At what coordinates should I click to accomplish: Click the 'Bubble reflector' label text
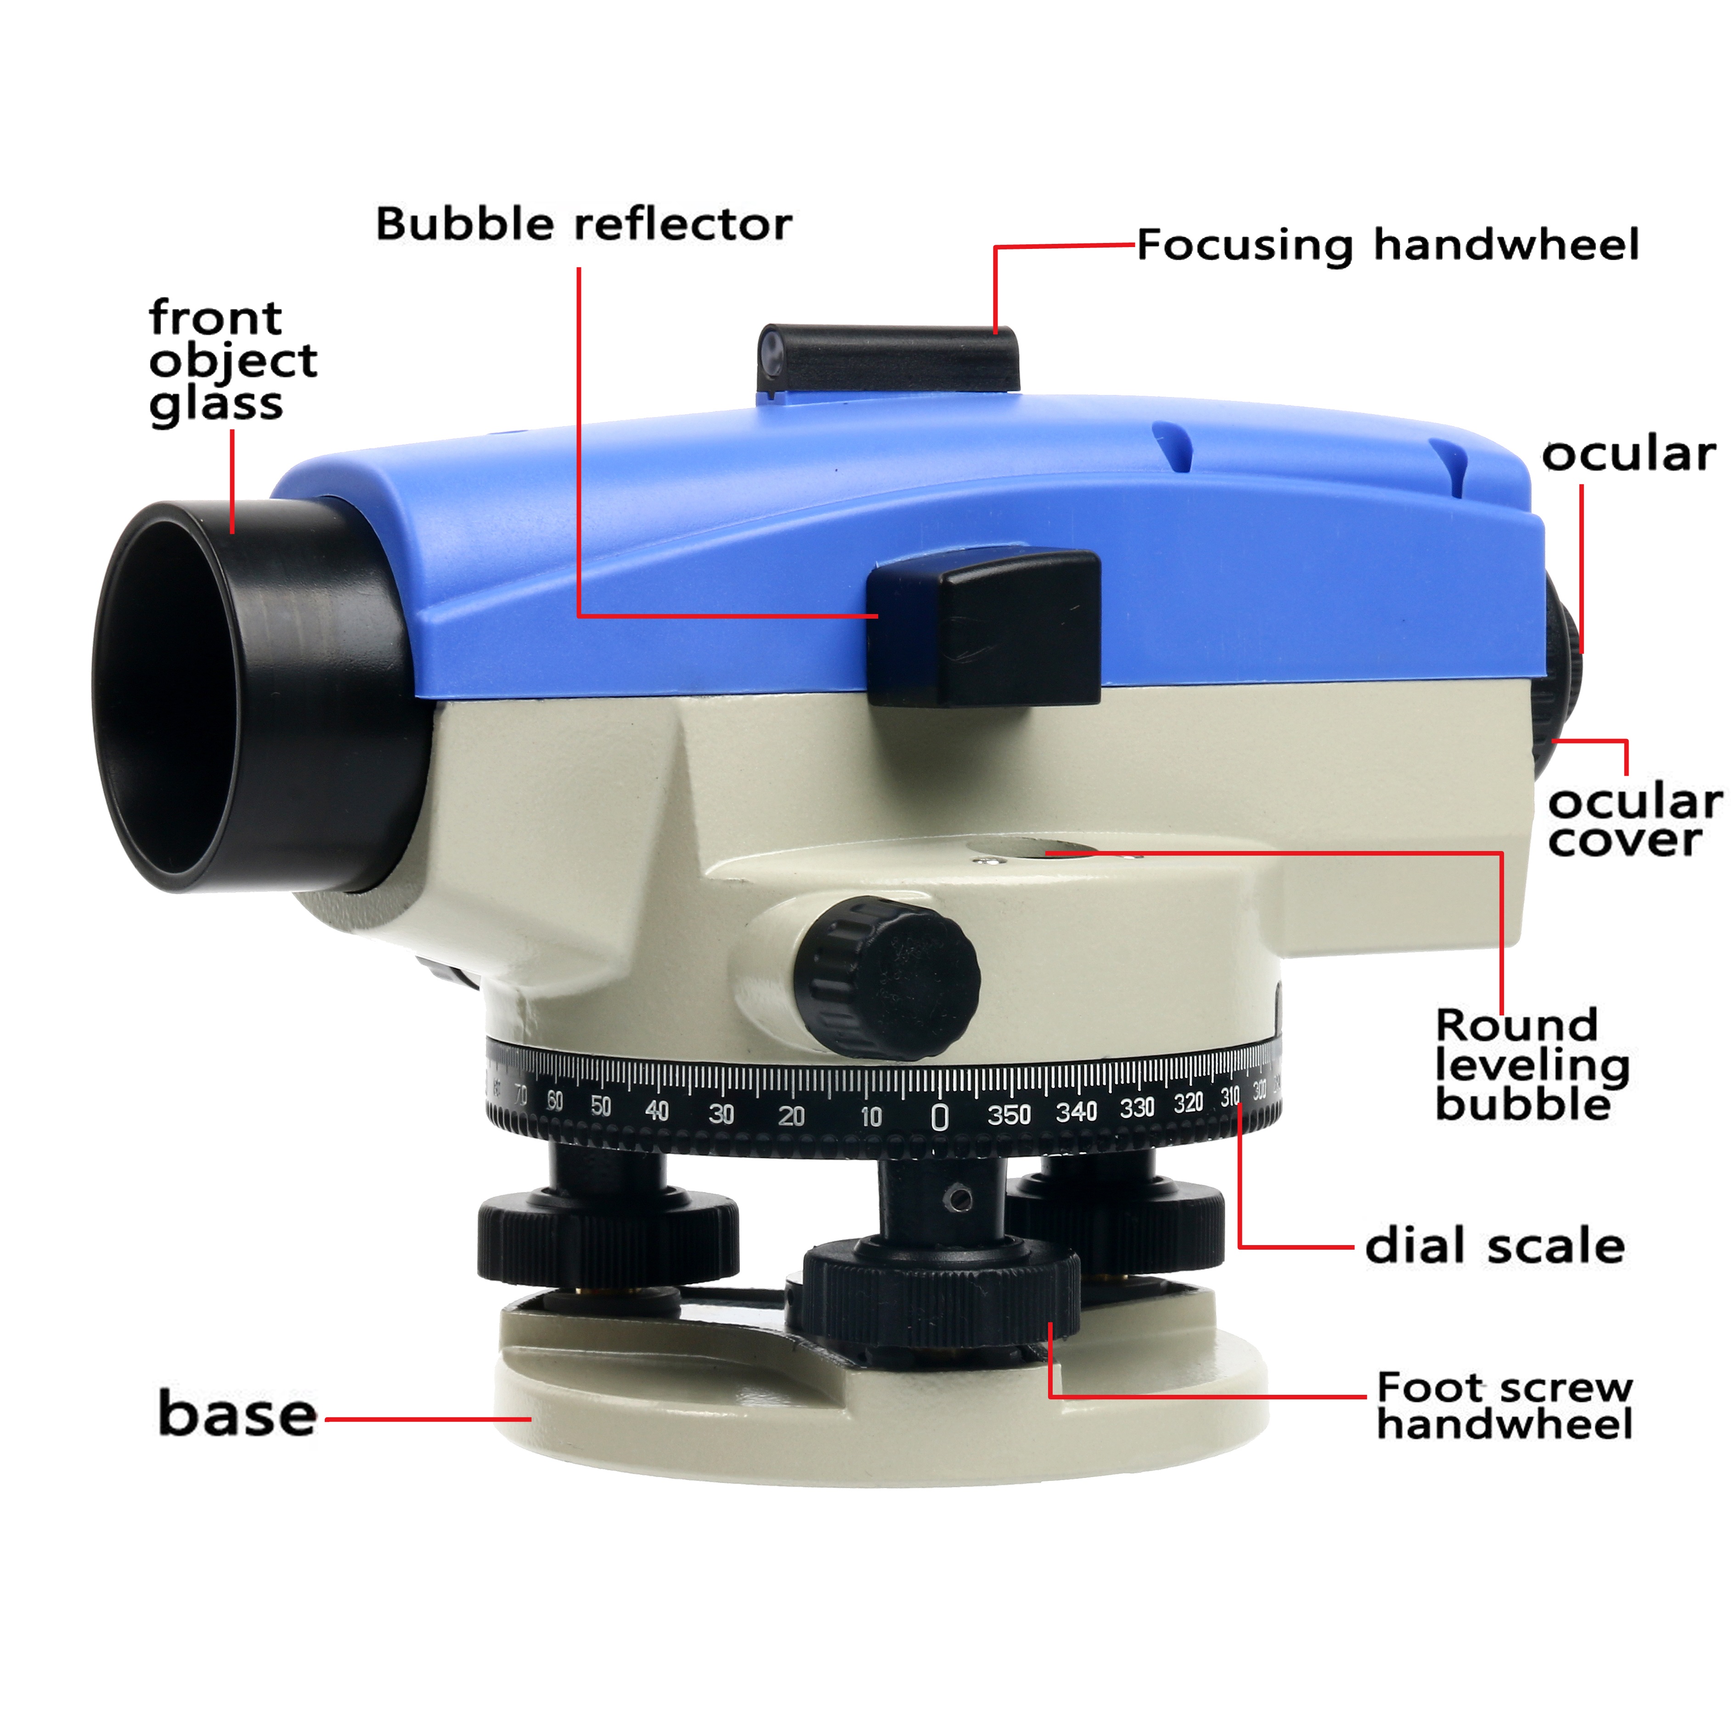click(583, 224)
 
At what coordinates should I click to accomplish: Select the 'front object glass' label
click(232, 361)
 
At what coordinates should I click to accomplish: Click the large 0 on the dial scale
click(939, 1117)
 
